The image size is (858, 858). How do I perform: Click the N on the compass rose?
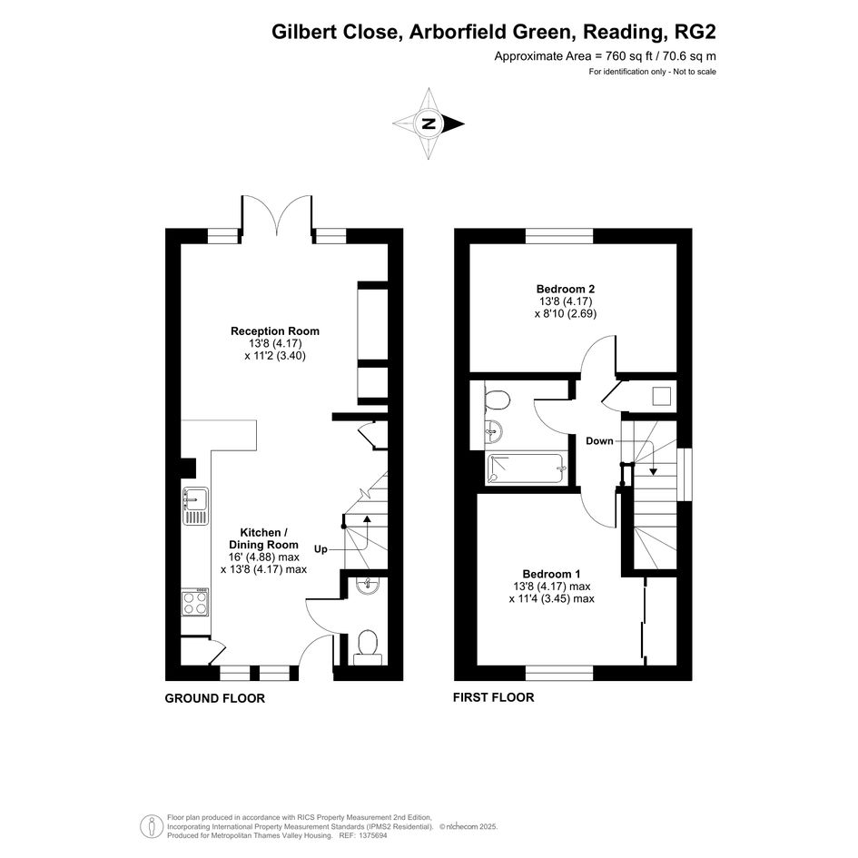point(430,123)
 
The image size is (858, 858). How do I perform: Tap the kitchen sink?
point(195,506)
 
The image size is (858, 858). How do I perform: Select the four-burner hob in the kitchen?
point(195,602)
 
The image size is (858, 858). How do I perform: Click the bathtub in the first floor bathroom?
point(527,468)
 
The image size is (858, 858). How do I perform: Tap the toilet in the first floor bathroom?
point(497,399)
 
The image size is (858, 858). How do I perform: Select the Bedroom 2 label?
point(566,289)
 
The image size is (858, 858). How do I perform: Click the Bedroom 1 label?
point(551,574)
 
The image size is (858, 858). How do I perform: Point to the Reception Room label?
point(275,331)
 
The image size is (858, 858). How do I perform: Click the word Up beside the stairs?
point(321,549)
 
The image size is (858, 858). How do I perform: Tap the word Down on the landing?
point(600,441)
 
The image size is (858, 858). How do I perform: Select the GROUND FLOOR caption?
point(215,698)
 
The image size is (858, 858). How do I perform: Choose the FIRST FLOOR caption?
point(494,697)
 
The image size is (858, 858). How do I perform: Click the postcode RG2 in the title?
point(696,32)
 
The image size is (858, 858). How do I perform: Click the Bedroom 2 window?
point(559,236)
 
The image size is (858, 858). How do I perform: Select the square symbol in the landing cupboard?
point(662,396)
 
